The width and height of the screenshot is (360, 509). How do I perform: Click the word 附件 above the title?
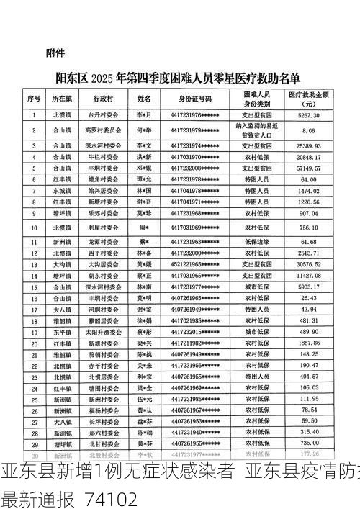(x=55, y=53)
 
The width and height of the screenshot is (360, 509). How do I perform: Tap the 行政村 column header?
(x=102, y=98)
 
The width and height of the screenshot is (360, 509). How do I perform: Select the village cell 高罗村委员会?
(x=102, y=130)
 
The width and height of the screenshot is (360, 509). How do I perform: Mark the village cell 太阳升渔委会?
(x=102, y=333)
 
